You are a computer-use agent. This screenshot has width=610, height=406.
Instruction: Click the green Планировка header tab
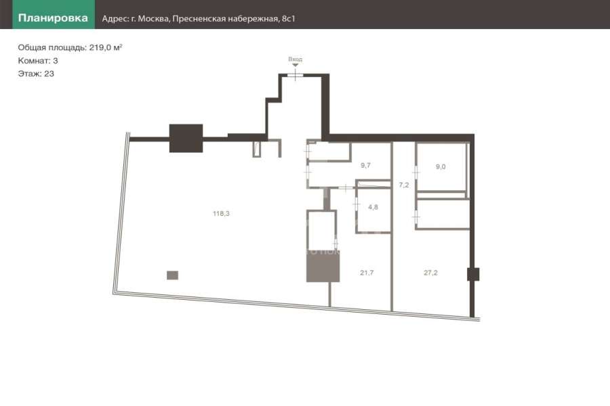point(54,14)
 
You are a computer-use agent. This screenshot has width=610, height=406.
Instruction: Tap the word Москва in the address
point(153,19)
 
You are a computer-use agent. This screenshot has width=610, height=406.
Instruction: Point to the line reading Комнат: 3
point(38,61)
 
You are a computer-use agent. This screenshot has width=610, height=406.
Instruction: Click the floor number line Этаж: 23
point(36,74)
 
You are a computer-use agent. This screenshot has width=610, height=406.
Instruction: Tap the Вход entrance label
point(296,59)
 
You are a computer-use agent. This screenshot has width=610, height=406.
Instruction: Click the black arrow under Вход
point(296,65)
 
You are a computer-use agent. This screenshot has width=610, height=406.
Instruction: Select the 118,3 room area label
point(221,213)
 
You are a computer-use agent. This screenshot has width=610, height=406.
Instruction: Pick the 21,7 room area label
point(367,273)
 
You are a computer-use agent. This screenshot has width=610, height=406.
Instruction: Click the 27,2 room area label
point(430,273)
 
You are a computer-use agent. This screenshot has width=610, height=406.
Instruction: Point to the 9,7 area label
point(365,165)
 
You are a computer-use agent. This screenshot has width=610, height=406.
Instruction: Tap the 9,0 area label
point(441,166)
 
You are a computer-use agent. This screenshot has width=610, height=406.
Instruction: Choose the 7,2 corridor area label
point(404,185)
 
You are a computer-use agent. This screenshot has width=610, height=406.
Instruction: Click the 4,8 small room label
point(373,207)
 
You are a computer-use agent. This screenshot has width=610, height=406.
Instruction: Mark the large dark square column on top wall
point(186,138)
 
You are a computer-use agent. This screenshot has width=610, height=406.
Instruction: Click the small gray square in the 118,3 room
point(172,275)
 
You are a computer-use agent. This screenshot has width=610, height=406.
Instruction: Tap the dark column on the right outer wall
point(473,274)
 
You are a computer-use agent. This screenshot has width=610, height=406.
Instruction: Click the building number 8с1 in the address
point(288,19)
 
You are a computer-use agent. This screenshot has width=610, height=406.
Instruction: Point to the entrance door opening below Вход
point(296,75)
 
